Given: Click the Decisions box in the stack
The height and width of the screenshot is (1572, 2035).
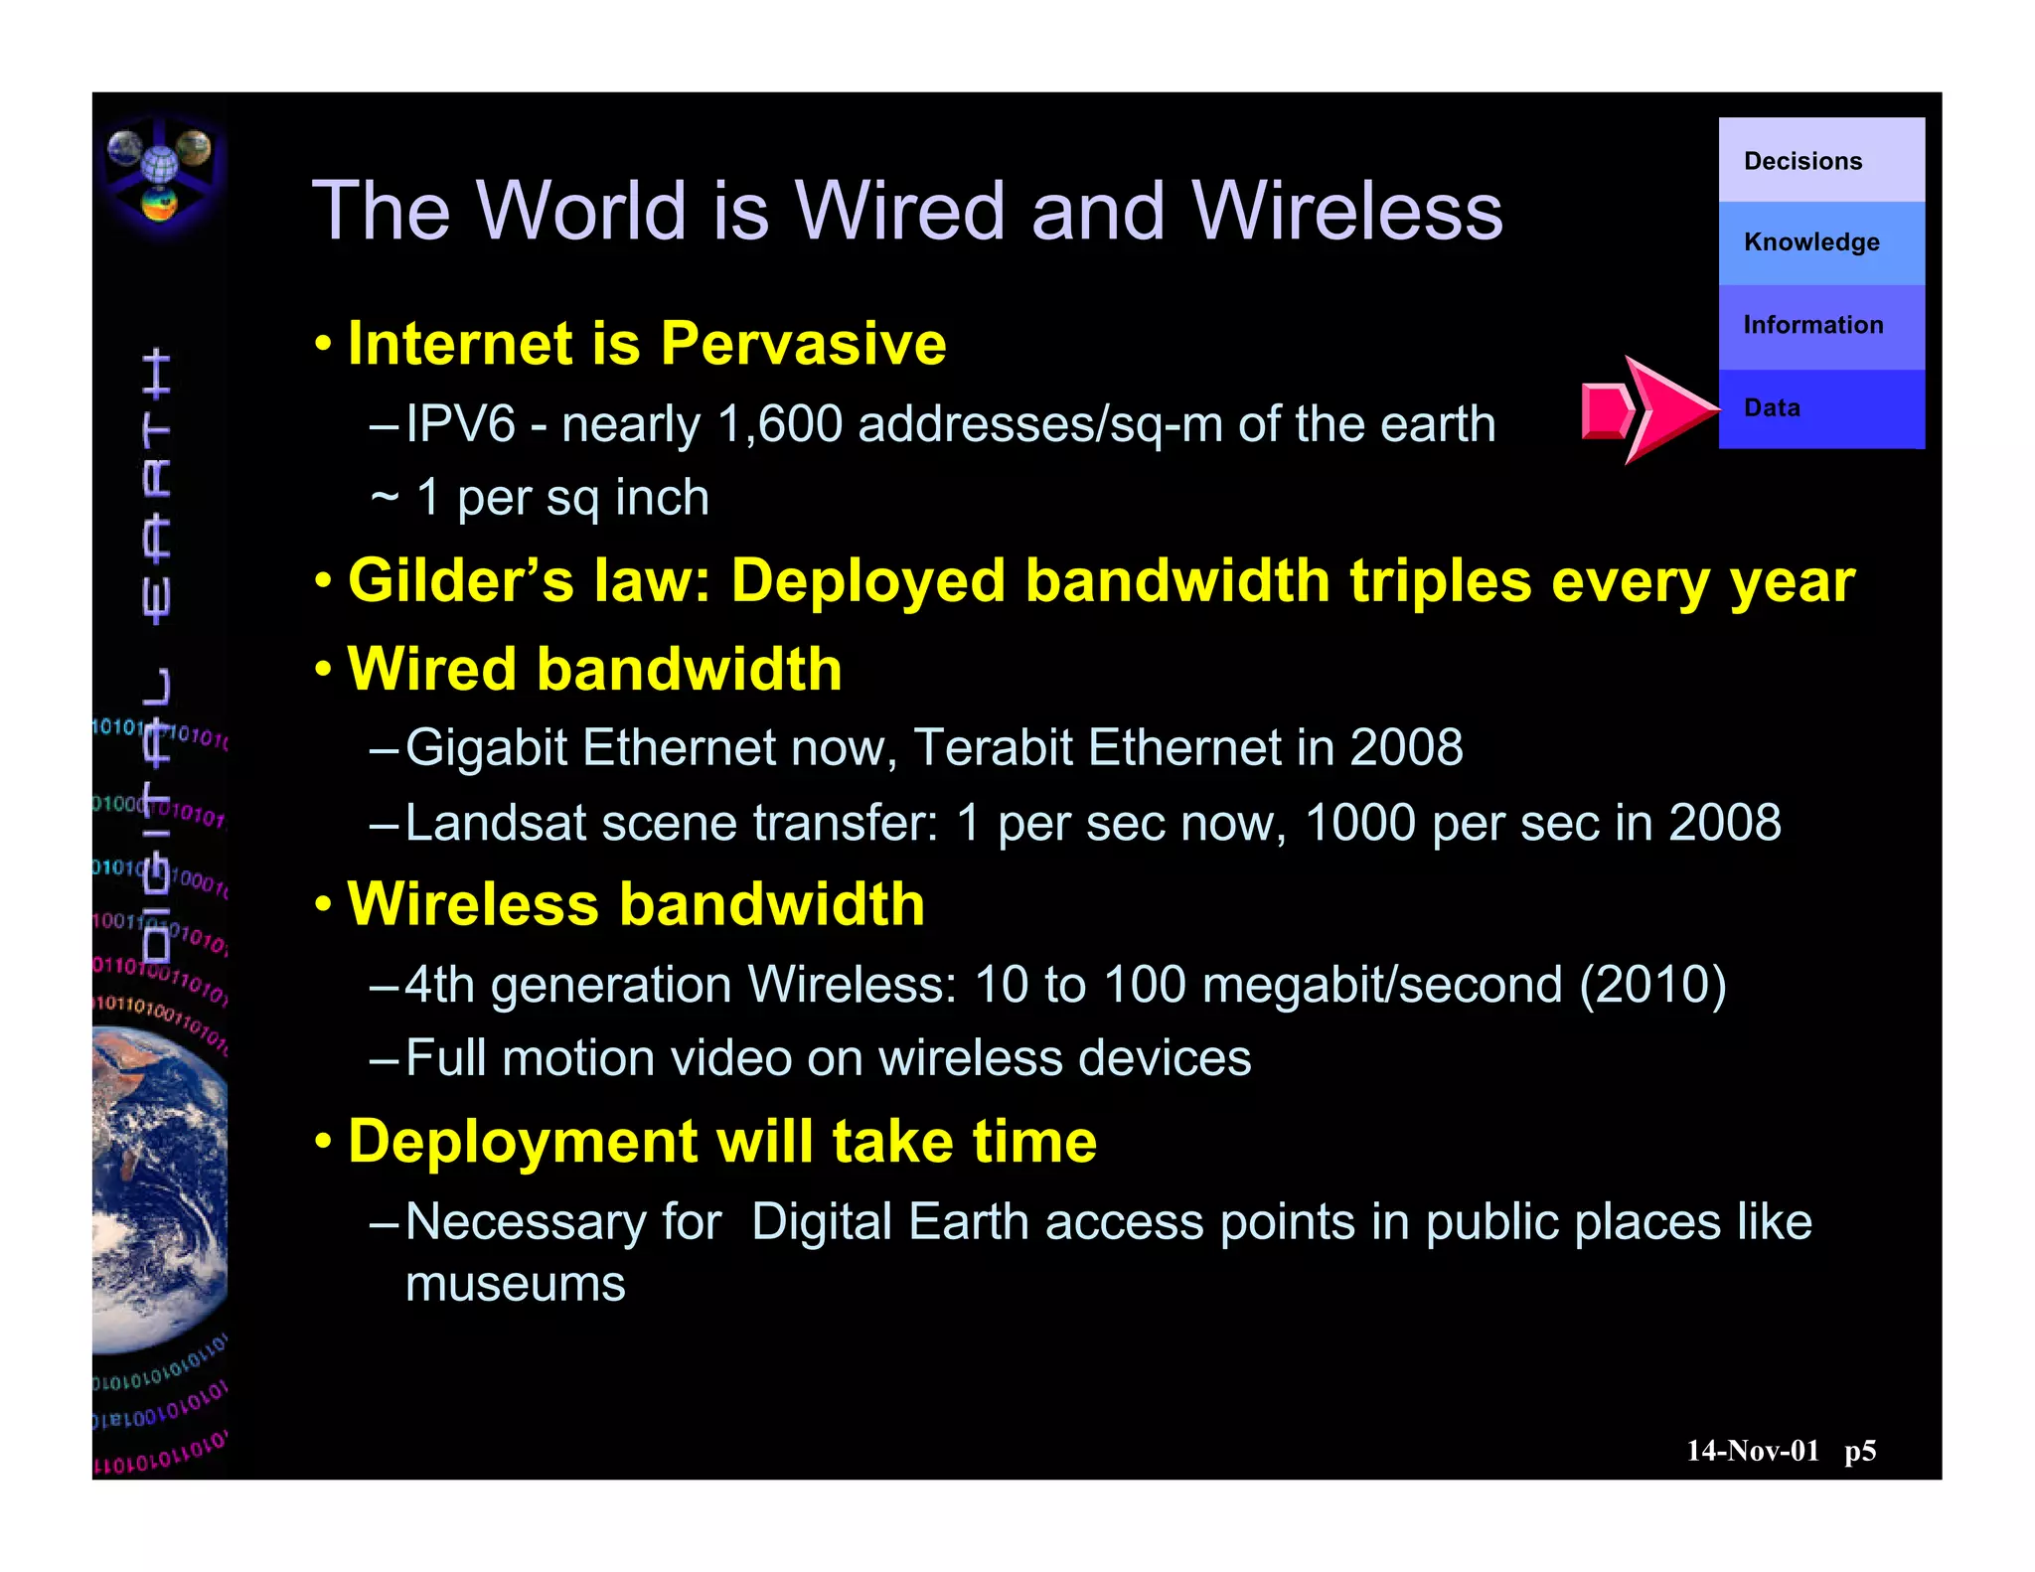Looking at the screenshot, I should (1820, 160).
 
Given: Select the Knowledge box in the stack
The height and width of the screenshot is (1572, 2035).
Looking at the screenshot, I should (1820, 242).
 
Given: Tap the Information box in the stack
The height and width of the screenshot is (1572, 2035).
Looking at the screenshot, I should (1820, 326).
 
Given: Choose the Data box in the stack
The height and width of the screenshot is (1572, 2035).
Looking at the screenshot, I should (1820, 408).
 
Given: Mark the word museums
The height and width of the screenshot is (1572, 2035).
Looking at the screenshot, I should (516, 1284).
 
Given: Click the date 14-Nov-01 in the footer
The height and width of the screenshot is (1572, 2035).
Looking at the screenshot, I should (1753, 1451).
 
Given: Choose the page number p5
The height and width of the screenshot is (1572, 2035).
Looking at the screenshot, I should (1860, 1451).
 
